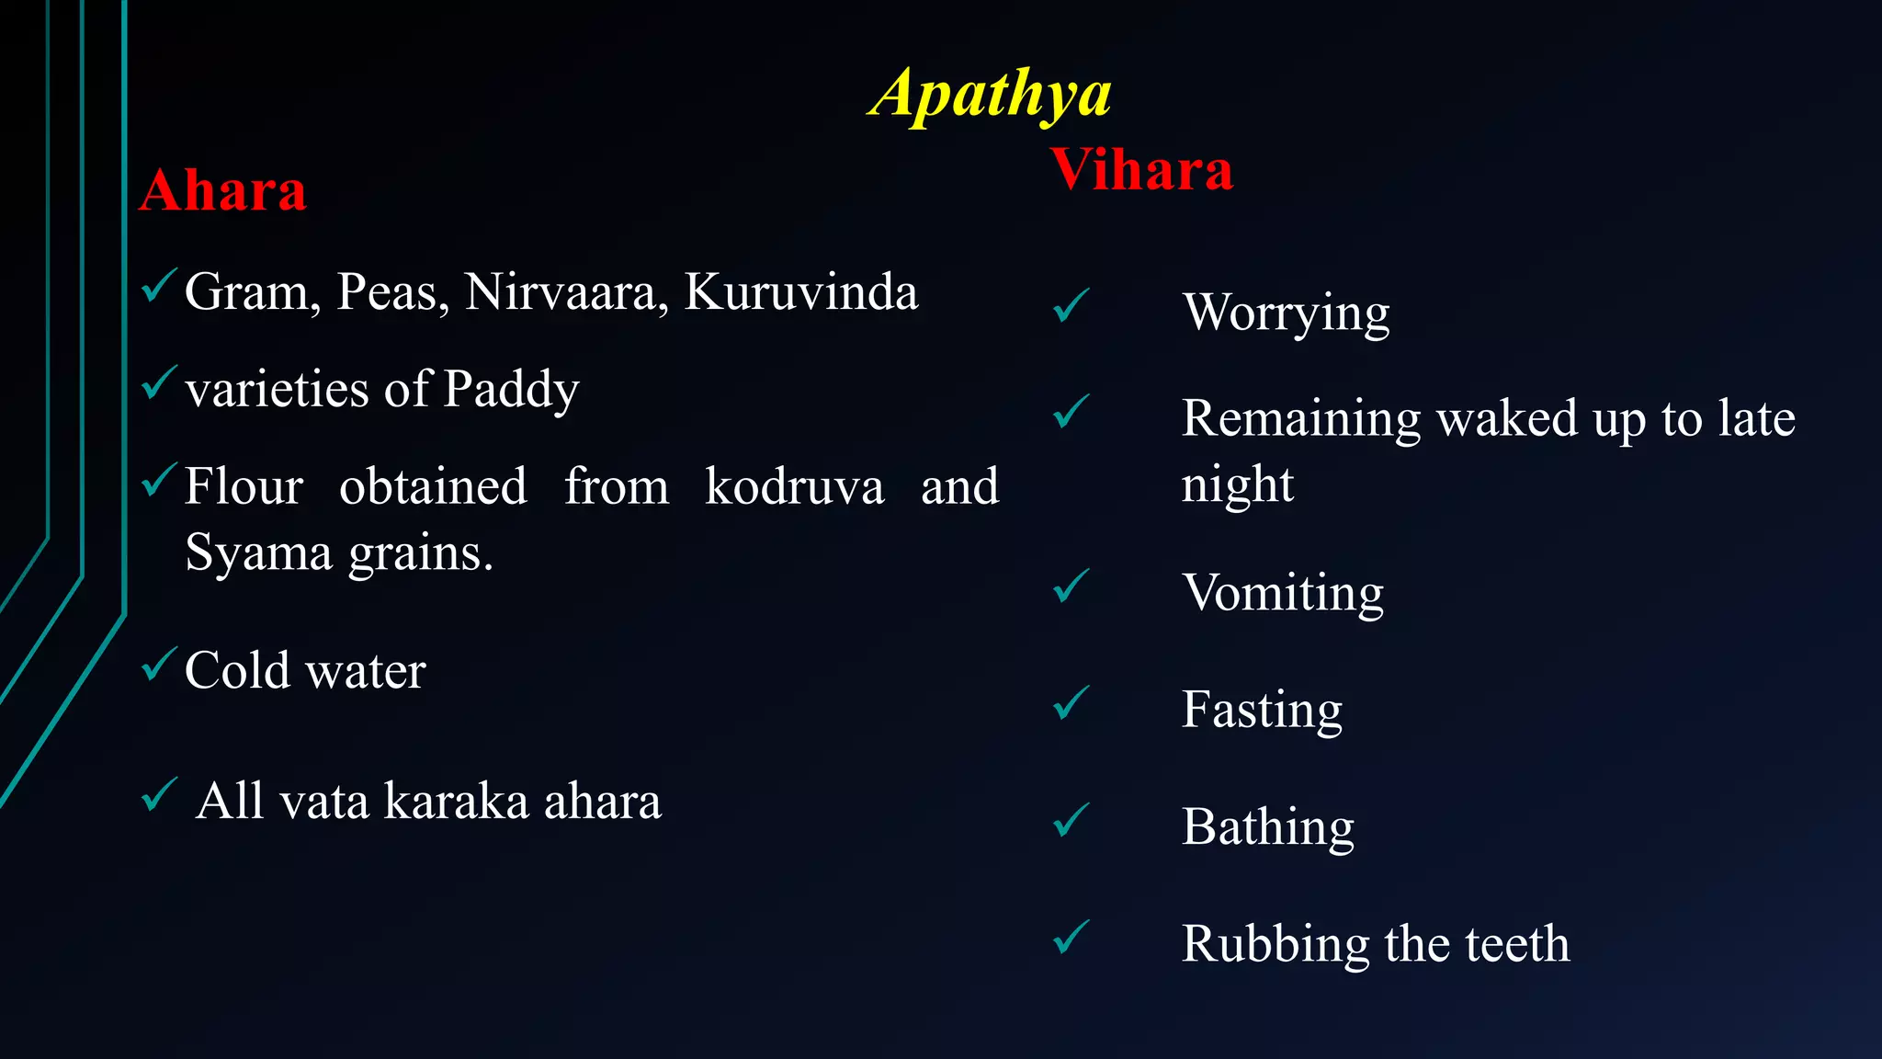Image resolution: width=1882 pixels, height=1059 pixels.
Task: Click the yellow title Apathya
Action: [x=990, y=95]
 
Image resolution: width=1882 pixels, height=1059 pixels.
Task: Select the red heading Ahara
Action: [x=222, y=191]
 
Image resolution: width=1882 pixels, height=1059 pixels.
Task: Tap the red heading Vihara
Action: [x=1141, y=170]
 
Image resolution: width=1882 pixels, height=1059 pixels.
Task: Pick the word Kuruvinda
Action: [x=800, y=292]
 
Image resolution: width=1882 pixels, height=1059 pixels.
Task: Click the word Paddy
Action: [x=511, y=390]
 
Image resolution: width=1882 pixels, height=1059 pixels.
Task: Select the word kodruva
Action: [x=794, y=486]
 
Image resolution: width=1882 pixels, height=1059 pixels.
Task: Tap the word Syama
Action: [x=258, y=554]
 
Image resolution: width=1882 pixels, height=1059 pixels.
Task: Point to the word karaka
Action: [x=456, y=801]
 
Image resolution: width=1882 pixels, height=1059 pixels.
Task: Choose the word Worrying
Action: [x=1286, y=313]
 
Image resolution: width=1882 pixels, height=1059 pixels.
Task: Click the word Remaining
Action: [x=1300, y=419]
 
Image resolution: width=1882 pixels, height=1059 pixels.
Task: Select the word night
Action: [x=1237, y=485]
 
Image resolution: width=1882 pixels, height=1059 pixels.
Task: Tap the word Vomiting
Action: [x=1283, y=593]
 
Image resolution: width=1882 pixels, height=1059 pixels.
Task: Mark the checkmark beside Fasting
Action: [x=1071, y=703]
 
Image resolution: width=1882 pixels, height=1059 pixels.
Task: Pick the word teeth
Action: [x=1517, y=944]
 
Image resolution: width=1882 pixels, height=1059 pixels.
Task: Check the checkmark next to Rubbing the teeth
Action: [x=1071, y=938]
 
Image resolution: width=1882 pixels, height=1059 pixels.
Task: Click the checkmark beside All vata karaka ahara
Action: [x=159, y=795]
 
